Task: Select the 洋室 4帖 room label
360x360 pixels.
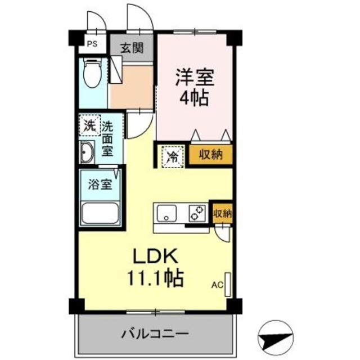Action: click(195, 87)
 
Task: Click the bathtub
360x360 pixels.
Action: click(100, 213)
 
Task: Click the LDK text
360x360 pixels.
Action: click(156, 256)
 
